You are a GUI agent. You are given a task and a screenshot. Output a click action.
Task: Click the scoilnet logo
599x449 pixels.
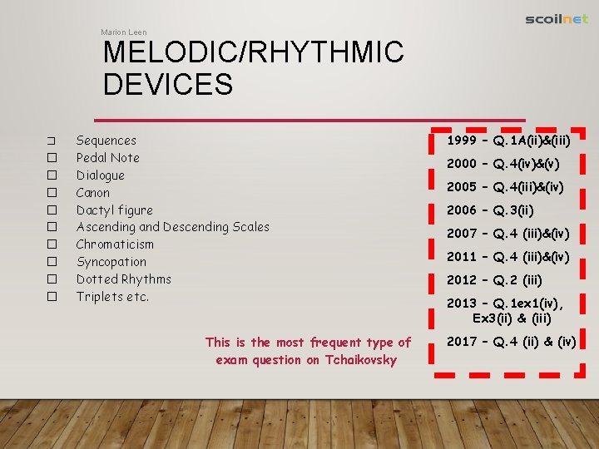pos(557,19)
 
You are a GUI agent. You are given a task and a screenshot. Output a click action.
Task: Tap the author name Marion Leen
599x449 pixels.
pos(123,32)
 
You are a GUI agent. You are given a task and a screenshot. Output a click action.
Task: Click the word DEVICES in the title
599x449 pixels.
pos(168,84)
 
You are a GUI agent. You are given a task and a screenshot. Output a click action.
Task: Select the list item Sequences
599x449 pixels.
pos(106,141)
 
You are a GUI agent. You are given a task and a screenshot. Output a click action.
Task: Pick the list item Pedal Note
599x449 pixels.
pos(107,158)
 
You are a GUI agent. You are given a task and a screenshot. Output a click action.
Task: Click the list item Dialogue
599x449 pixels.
pos(100,175)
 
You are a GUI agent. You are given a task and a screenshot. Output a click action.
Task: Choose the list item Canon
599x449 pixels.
pos(92,193)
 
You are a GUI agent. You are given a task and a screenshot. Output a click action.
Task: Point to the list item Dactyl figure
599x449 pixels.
pos(114,210)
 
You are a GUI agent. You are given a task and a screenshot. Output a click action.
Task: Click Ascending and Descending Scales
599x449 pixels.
pos(172,227)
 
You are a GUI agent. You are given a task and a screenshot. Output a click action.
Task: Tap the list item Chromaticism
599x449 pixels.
pos(115,244)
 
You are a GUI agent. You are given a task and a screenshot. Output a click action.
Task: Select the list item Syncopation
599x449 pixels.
pos(111,262)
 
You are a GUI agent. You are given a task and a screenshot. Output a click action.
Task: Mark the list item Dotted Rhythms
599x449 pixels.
pos(123,279)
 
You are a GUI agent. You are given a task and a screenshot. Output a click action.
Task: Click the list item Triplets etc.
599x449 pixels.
pos(112,297)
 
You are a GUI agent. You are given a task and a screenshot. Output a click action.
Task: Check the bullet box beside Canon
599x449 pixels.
pos(51,193)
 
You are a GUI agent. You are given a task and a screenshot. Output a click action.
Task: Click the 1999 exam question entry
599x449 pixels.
pos(508,141)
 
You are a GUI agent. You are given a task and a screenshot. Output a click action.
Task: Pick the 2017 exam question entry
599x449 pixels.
pos(511,341)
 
